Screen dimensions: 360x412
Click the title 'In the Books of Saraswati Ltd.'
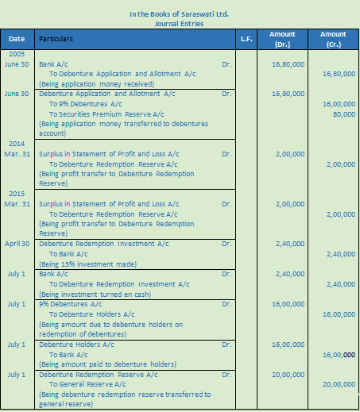(179, 14)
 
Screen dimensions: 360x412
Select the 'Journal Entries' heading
(179, 24)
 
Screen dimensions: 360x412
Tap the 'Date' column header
(17, 38)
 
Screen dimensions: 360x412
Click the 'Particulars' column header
(56, 38)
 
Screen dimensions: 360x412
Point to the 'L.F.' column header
(246, 38)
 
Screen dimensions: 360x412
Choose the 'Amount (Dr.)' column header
(283, 39)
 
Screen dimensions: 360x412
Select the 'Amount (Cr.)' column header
(333, 39)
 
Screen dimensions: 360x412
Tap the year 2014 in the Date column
(17, 144)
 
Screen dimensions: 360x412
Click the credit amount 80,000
(344, 114)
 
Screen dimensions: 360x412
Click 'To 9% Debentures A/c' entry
(85, 103)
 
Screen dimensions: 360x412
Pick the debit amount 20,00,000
(288, 374)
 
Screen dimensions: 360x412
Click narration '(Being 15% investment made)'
(83, 264)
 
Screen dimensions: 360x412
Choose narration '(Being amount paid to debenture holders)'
(102, 364)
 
